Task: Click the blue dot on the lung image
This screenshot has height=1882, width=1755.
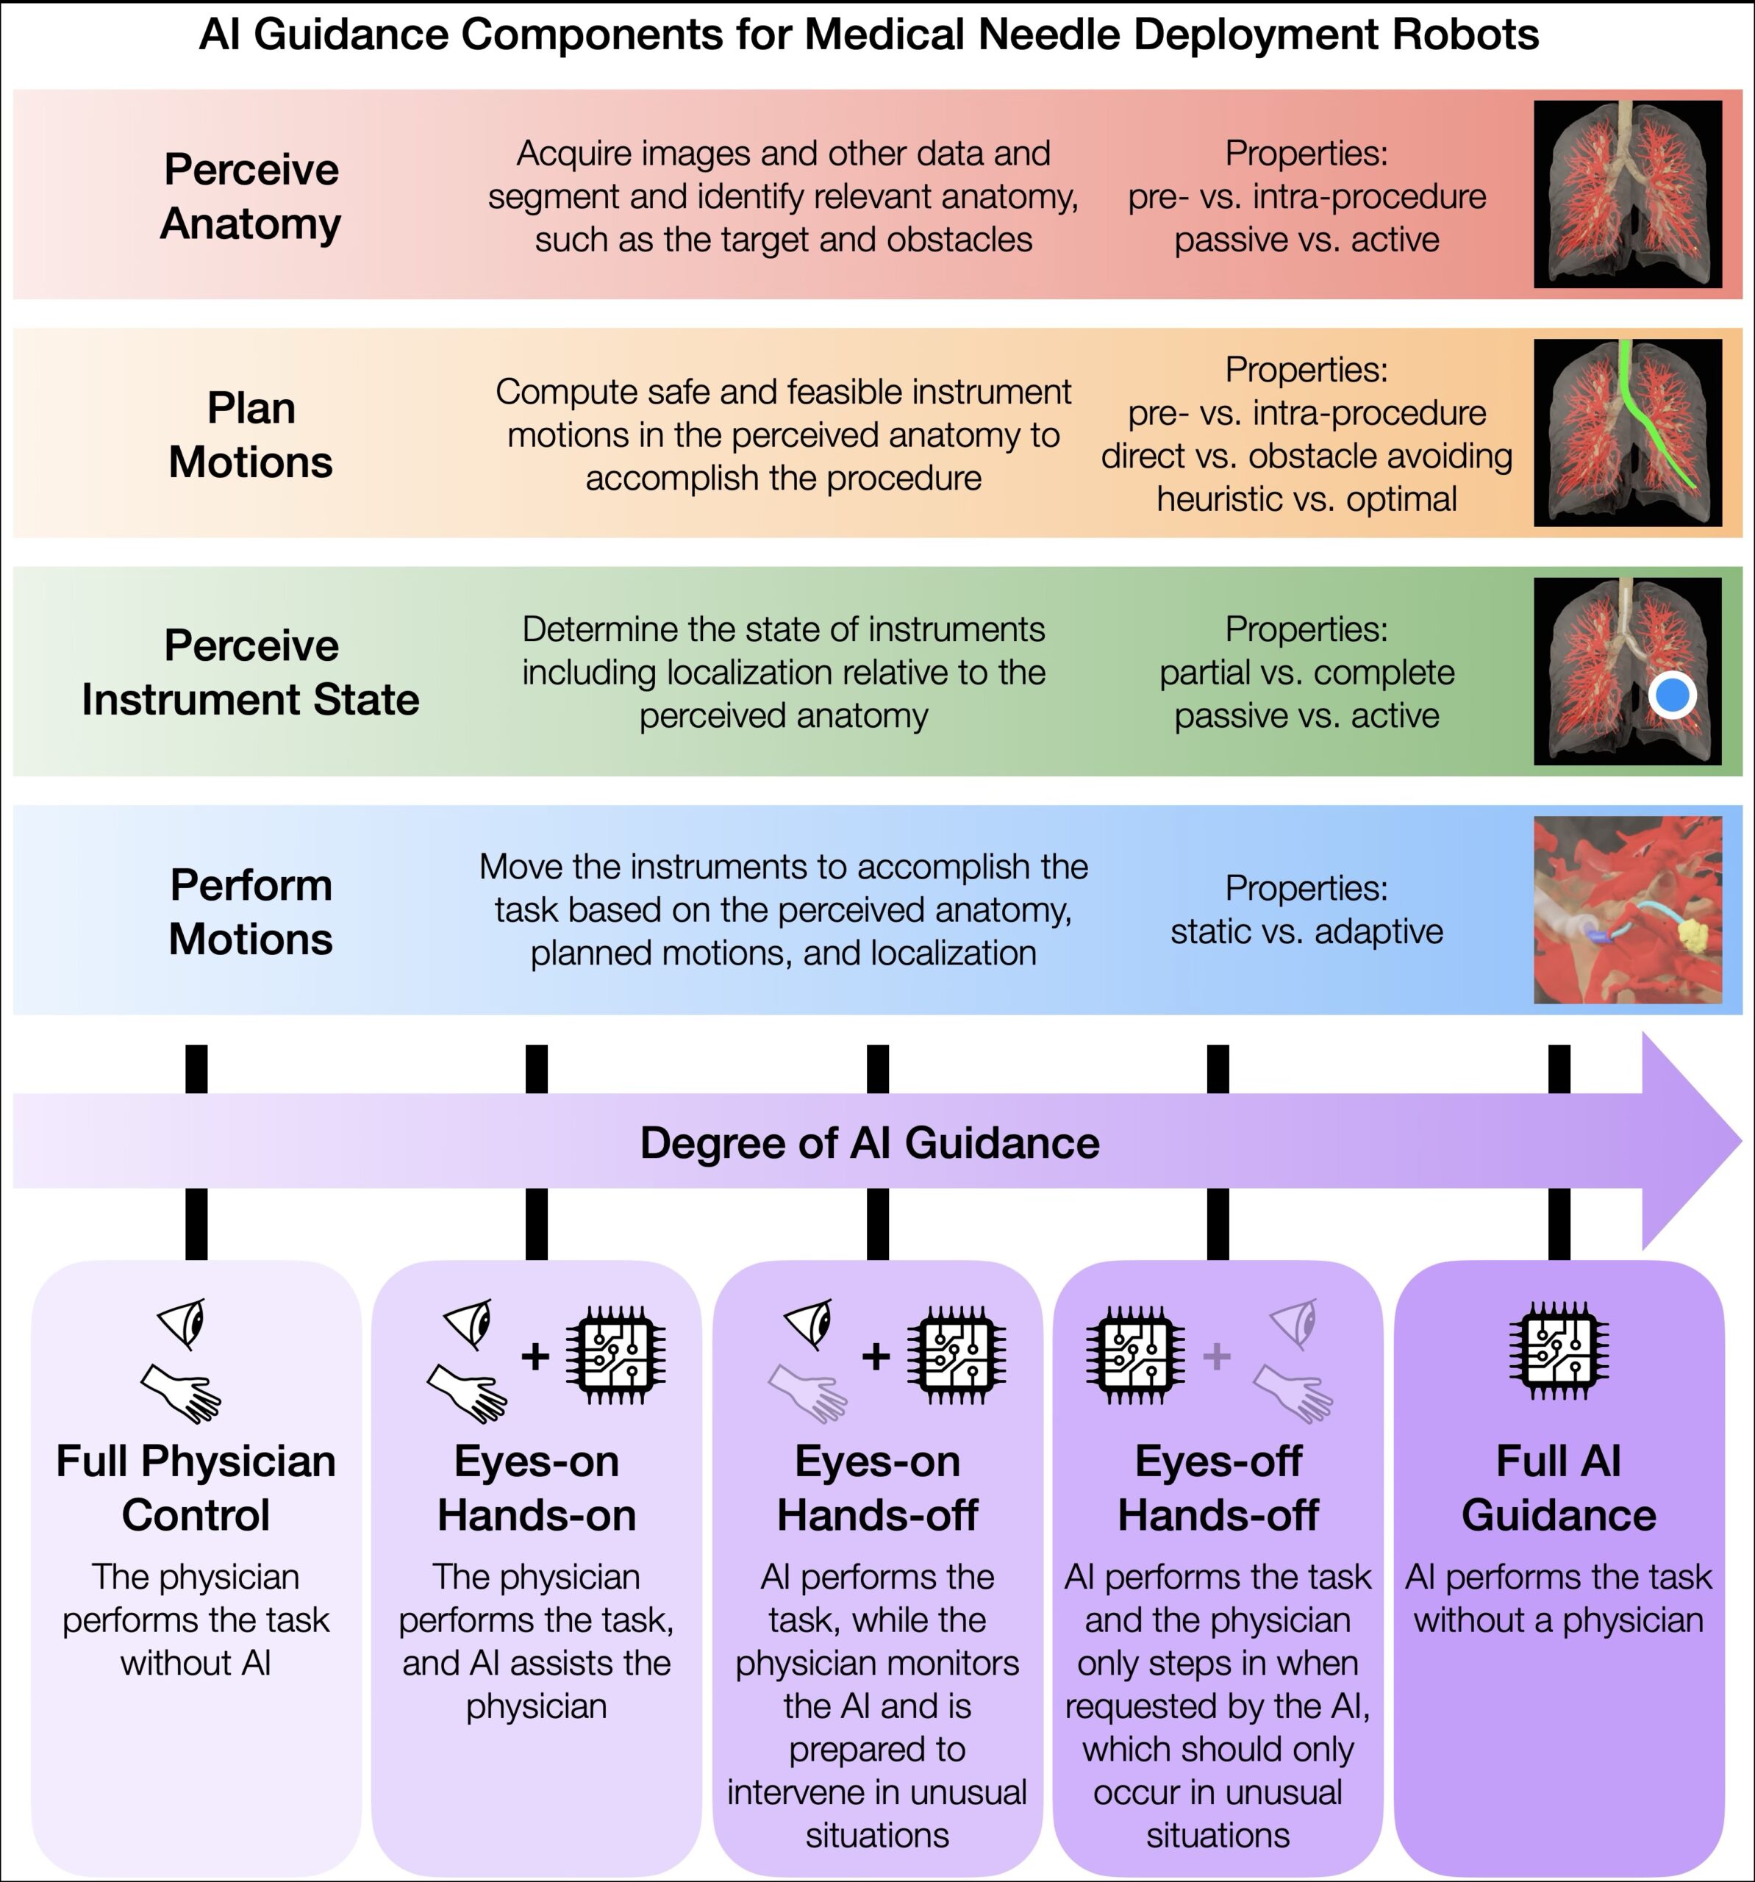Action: pos(1673,695)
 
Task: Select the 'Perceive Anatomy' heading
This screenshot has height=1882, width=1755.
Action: pos(251,196)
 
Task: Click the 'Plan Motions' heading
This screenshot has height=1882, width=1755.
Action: pos(251,434)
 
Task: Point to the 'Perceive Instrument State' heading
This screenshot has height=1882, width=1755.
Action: pos(251,672)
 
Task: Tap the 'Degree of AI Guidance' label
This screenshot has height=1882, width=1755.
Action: pos(870,1142)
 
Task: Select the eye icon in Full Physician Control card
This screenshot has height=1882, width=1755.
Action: pos(182,1323)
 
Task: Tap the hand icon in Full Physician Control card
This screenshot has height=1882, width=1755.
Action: pos(182,1392)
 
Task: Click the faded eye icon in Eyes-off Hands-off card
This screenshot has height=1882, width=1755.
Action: pos(1294,1323)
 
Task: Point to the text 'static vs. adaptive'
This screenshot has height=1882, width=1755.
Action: pos(1307,931)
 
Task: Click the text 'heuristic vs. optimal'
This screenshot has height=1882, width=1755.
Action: pos(1307,499)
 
